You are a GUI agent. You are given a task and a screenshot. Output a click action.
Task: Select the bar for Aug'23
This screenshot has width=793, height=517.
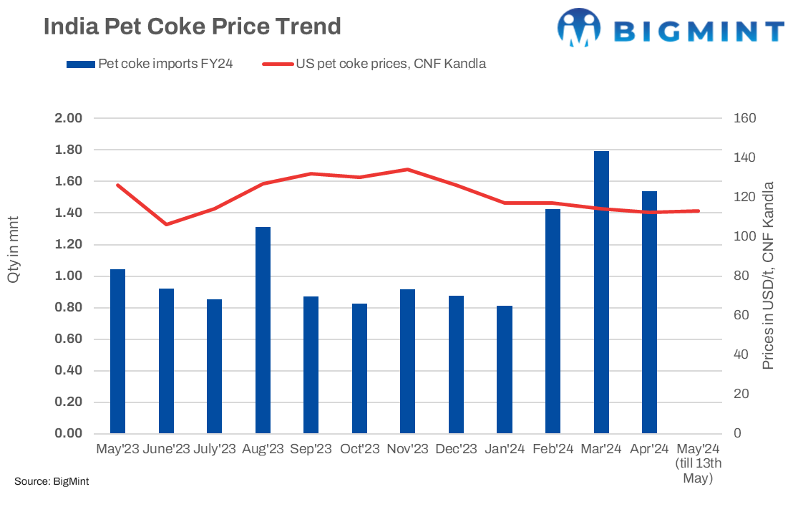click(x=263, y=330)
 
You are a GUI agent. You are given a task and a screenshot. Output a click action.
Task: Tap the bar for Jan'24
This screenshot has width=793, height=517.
click(x=505, y=369)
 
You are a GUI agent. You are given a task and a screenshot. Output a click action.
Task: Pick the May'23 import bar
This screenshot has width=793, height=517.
click(x=117, y=351)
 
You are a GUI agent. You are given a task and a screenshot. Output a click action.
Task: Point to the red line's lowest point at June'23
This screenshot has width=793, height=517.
click(x=166, y=224)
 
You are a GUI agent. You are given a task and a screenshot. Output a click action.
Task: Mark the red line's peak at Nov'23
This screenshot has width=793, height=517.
click(x=408, y=170)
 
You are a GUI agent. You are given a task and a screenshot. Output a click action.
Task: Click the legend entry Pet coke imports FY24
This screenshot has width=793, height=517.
click(x=150, y=64)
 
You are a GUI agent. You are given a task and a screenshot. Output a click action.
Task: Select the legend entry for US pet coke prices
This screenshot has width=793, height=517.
click(x=390, y=64)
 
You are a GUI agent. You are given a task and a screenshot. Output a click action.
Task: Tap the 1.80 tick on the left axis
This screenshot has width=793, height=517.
click(x=69, y=150)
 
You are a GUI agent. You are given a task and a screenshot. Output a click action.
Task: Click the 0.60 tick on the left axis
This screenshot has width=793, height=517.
click(x=69, y=339)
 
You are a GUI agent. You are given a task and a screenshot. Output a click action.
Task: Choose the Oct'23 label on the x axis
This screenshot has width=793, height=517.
click(x=359, y=450)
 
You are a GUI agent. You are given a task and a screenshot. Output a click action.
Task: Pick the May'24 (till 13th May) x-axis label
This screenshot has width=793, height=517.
click(x=698, y=463)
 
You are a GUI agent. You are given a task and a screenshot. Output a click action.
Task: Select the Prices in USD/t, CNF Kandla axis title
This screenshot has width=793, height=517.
click(x=769, y=276)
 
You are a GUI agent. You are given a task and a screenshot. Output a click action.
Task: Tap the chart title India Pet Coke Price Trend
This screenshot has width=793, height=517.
click(x=192, y=26)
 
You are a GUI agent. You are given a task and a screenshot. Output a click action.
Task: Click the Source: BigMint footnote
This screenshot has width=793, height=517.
click(x=52, y=482)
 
